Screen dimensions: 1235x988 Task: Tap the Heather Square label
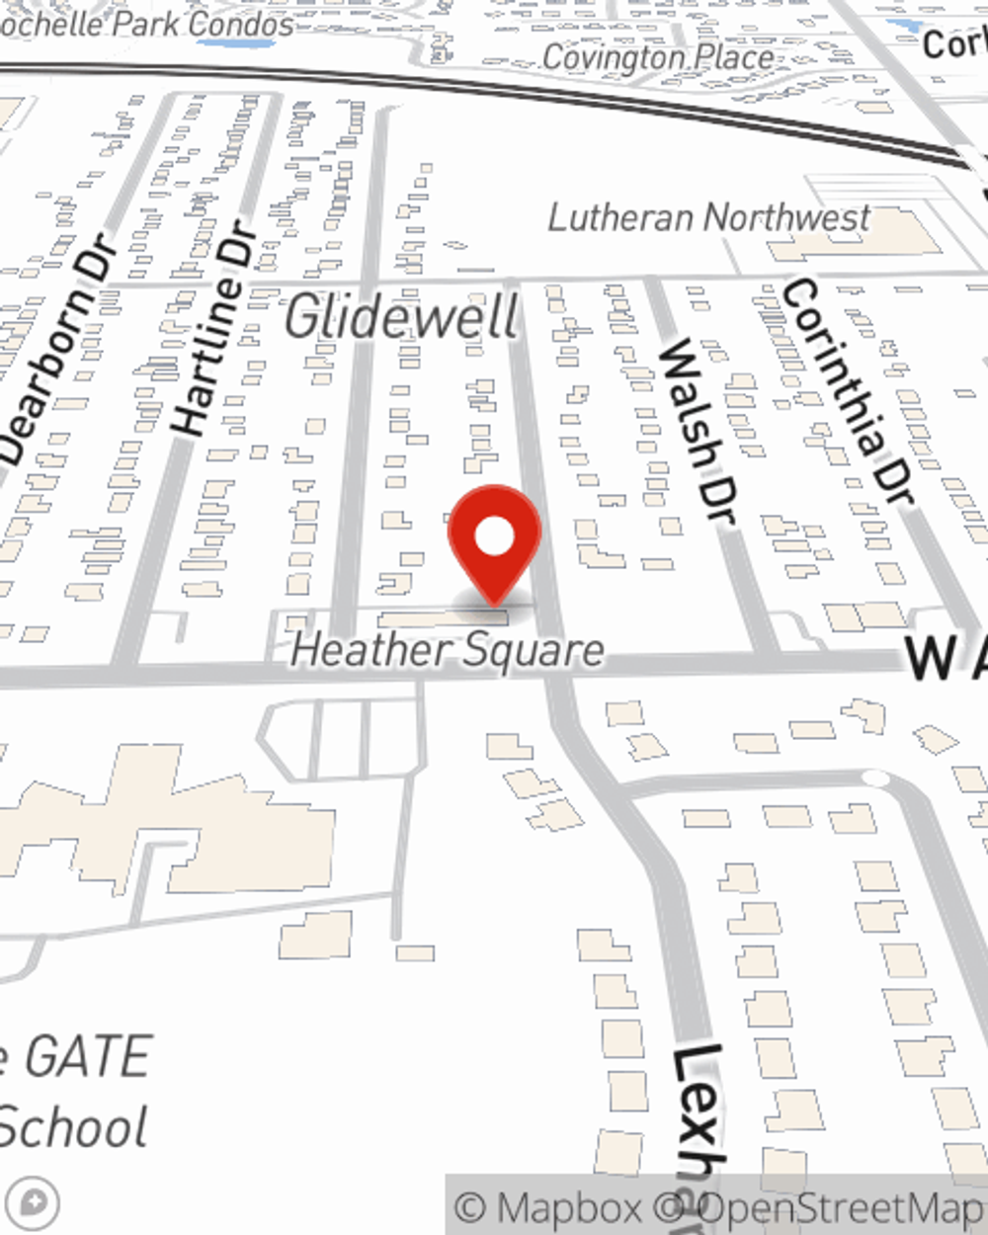pyautogui.click(x=447, y=650)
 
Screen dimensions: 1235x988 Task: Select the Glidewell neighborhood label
pyautogui.click(x=401, y=317)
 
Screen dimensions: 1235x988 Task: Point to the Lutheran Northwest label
pyautogui.click(x=708, y=217)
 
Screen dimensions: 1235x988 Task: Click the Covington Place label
pyautogui.click(x=658, y=57)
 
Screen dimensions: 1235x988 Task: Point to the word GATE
pyautogui.click(x=87, y=1056)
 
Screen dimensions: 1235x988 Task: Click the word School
pyautogui.click(x=74, y=1127)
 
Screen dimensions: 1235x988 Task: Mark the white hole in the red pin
pyautogui.click(x=494, y=537)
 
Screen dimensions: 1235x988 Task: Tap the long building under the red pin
pyautogui.click(x=445, y=618)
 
